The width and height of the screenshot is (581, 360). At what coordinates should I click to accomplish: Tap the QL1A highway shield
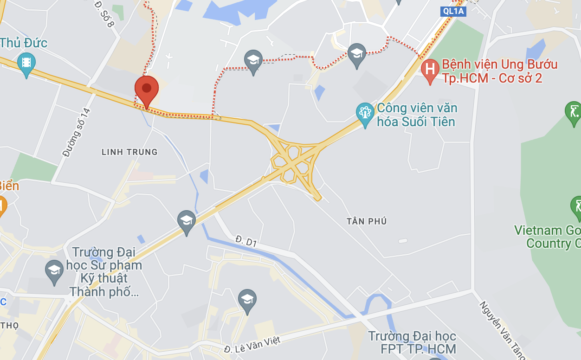(452, 12)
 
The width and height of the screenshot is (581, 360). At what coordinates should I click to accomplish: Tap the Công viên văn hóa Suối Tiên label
(417, 115)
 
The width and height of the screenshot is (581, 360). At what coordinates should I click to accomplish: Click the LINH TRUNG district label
(129, 152)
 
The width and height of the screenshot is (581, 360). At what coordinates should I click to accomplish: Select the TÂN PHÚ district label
(367, 221)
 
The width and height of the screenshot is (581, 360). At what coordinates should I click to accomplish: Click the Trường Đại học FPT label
(412, 342)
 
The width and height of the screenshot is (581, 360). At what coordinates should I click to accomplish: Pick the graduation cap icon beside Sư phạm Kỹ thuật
(54, 270)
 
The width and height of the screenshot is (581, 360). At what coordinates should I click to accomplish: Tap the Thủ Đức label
(24, 43)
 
